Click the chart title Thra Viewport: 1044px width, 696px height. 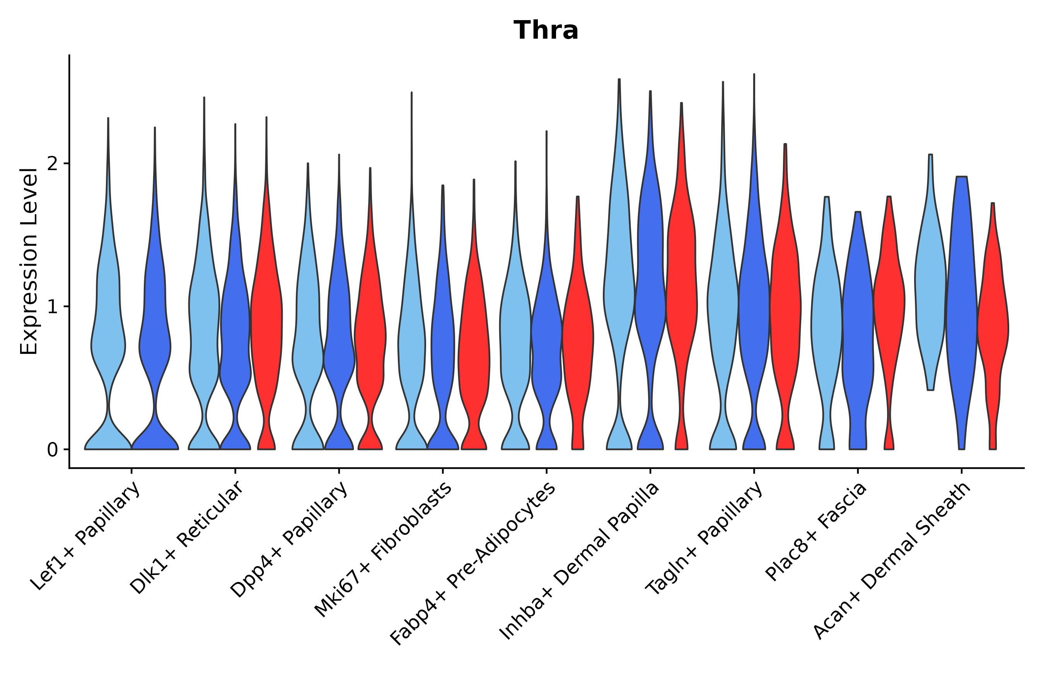[546, 31]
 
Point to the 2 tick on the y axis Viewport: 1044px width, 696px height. [52, 164]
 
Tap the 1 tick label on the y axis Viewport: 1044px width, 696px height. [52, 307]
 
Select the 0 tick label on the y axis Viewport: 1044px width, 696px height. [52, 450]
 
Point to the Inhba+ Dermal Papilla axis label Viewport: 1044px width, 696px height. [579, 561]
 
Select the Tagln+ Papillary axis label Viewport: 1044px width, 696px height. [704, 539]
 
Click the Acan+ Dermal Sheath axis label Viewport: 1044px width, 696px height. [892, 561]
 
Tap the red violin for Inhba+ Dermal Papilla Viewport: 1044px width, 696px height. [681, 288]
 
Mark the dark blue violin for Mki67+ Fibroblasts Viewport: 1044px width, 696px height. [443, 333]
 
